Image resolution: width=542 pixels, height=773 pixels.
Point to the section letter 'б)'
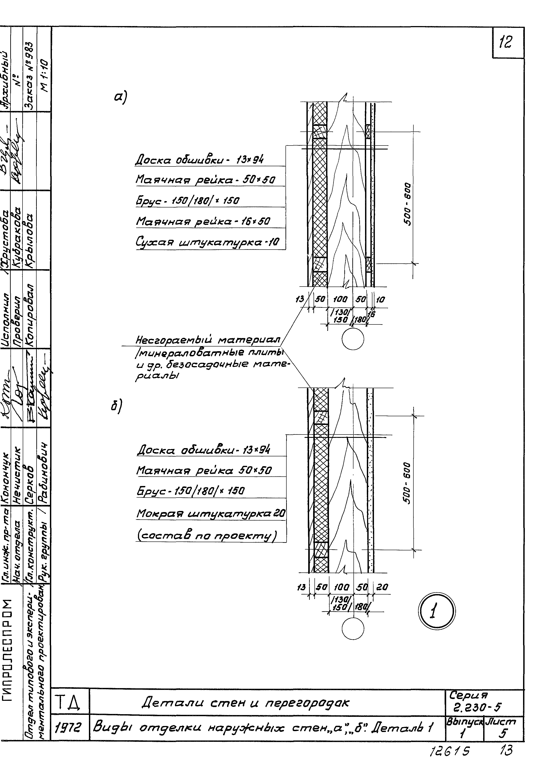pyautogui.click(x=116, y=406)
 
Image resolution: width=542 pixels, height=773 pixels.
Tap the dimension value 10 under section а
pyautogui.click(x=380, y=299)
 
